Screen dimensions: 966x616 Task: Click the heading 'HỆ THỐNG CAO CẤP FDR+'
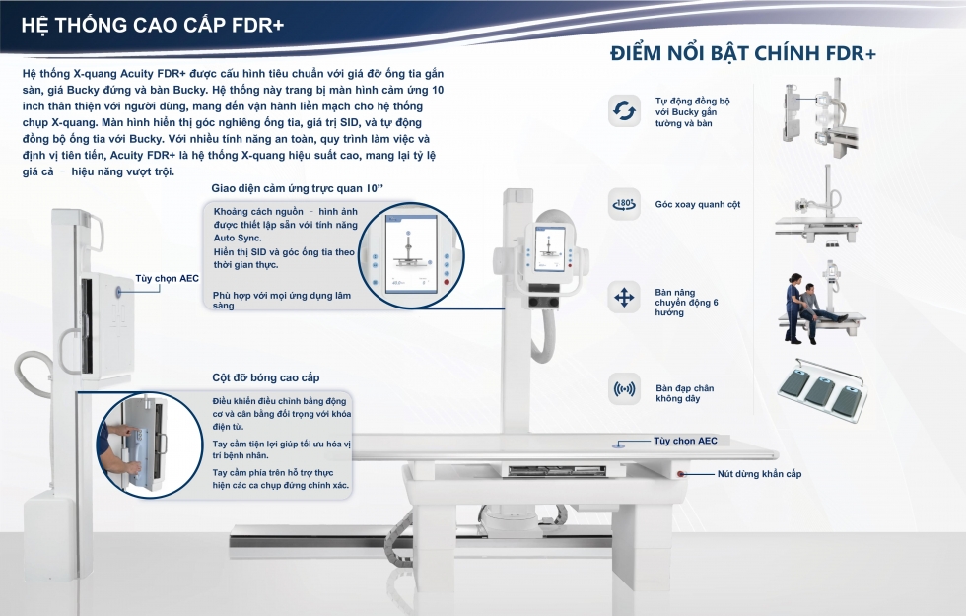coord(153,25)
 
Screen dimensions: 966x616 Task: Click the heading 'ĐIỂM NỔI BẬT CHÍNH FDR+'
coord(743,53)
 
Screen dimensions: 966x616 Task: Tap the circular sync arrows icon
coord(624,110)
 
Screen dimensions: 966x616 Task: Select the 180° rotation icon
coord(624,204)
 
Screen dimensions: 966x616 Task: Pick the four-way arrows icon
coord(624,298)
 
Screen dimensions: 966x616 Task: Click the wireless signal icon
coord(624,389)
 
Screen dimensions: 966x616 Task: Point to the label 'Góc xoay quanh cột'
coord(698,205)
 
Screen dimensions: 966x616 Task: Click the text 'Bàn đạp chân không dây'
coord(684,393)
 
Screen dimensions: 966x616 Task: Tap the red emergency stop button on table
coord(681,474)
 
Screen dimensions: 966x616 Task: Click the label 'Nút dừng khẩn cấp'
coord(759,474)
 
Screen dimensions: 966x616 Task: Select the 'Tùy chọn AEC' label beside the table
coord(685,442)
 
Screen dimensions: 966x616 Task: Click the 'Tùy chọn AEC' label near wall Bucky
coord(167,278)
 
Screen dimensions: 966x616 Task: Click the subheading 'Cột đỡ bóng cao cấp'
coord(265,377)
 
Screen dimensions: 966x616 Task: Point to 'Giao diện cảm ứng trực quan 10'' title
coord(297,188)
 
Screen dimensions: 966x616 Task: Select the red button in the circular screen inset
coord(447,282)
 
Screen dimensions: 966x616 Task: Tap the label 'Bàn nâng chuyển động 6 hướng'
coord(686,303)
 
